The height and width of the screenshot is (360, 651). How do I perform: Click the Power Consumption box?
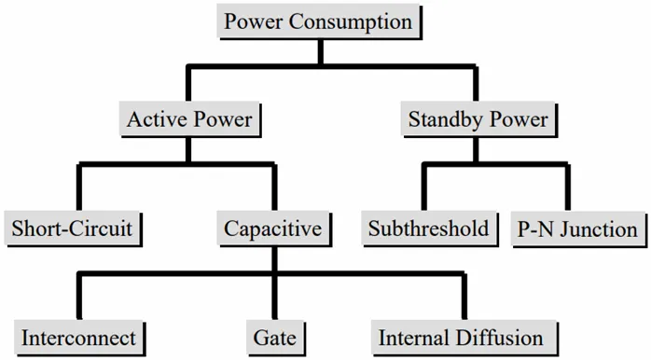pos(319,21)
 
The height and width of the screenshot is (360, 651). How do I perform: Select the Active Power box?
pos(189,119)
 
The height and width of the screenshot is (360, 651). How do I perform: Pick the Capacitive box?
pos(273,228)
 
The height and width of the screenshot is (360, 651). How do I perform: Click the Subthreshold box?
pos(428,228)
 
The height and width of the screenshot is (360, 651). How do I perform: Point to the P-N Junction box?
pos(577,228)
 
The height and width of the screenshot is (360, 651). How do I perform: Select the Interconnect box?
pos(78,338)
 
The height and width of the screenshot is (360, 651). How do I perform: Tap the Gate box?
pos(274,338)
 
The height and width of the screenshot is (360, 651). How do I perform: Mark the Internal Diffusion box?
pos(460,338)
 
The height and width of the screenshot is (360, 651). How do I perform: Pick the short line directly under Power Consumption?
pos(319,51)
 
